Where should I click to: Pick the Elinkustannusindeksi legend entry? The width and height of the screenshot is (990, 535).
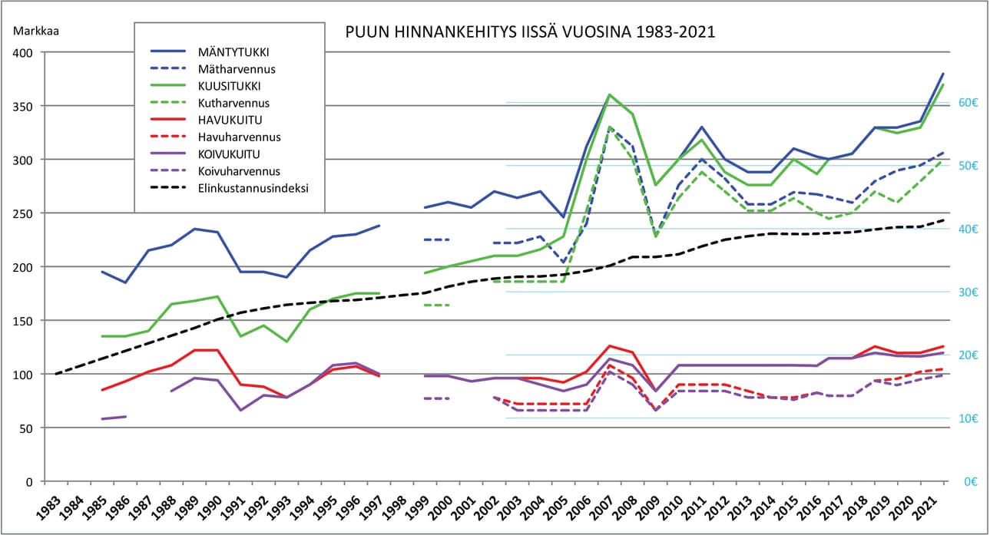pyautogui.click(x=253, y=187)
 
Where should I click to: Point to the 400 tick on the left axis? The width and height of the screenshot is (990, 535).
pyautogui.click(x=25, y=53)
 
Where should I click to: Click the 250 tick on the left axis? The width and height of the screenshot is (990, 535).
pyautogui.click(x=25, y=213)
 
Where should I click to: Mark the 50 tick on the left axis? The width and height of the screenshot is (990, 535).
pyautogui.click(x=28, y=428)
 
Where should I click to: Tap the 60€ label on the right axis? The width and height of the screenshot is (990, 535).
pyautogui.click(x=968, y=103)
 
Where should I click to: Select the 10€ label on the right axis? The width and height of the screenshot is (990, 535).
pyautogui.click(x=968, y=418)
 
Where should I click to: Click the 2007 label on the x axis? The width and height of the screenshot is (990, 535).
pyautogui.click(x=605, y=507)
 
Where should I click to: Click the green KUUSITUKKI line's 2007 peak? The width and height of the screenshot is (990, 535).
pyautogui.click(x=609, y=95)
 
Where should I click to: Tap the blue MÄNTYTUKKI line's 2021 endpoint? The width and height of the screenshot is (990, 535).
pyautogui.click(x=943, y=74)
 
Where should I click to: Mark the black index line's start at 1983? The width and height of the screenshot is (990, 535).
pyautogui.click(x=56, y=374)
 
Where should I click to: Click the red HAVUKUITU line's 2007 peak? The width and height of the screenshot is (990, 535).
pyautogui.click(x=609, y=346)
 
